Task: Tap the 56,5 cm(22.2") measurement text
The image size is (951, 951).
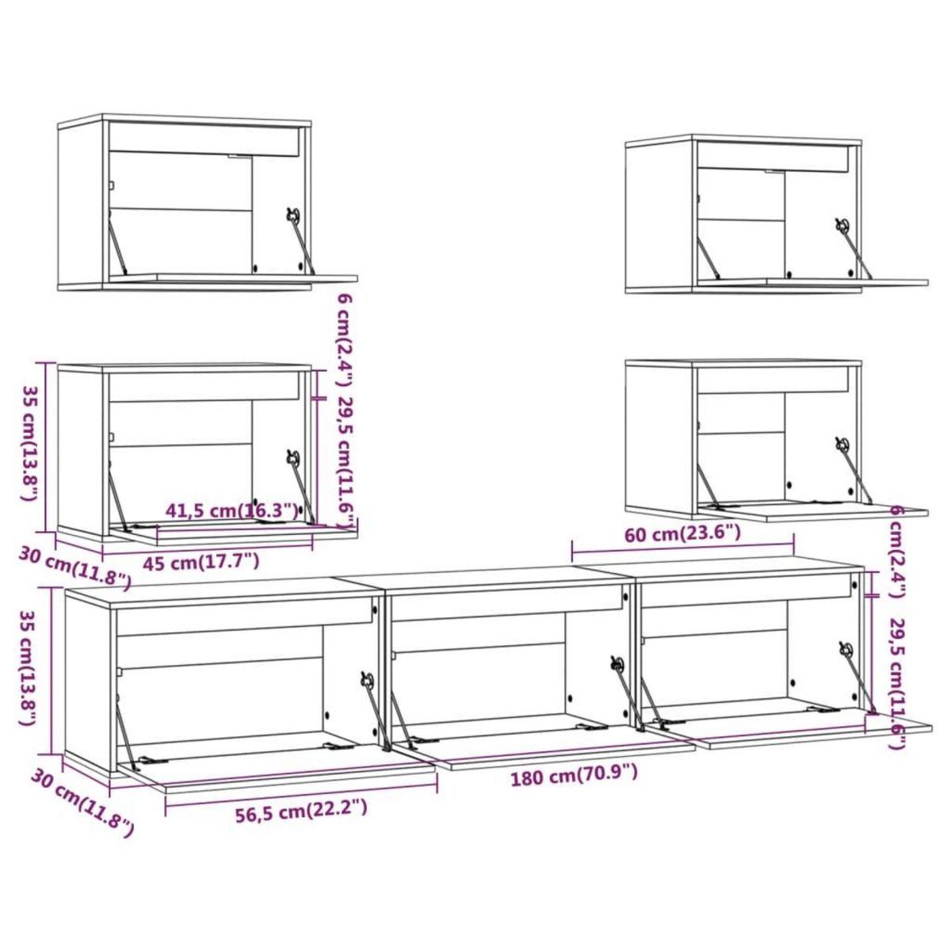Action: [x=301, y=808]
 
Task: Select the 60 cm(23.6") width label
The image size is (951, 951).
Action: [x=682, y=533]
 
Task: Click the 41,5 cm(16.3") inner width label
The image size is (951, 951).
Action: [x=232, y=510]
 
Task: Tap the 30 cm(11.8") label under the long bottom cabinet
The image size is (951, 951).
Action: [x=82, y=801]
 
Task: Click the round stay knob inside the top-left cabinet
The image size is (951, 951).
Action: [x=293, y=214]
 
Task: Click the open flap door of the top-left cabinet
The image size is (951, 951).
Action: [x=254, y=278]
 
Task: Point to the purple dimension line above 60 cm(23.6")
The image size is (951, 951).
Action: [x=682, y=547]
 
